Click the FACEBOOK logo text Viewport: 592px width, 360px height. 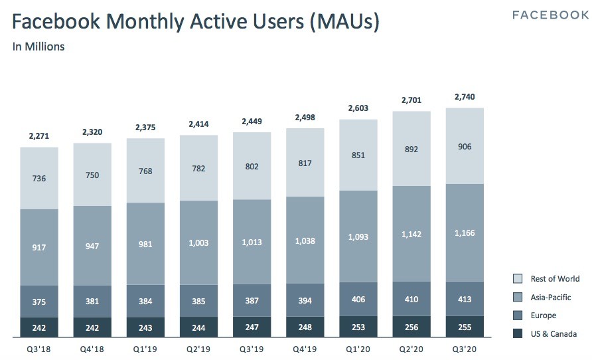550,15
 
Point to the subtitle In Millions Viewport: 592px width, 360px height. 38,47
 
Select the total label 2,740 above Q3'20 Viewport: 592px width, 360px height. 464,97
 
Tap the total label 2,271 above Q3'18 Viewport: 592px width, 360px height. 39,136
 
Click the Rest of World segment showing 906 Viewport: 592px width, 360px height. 464,146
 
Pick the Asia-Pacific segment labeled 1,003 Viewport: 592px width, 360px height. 198,243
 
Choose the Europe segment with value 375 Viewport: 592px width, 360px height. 39,302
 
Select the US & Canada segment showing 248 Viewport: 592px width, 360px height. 305,327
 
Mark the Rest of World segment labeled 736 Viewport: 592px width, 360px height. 39,178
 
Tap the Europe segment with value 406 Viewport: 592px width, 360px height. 358,300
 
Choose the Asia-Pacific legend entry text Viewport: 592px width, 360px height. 550,297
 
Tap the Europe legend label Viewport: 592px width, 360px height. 543,315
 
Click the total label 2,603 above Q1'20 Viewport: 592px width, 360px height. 358,108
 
